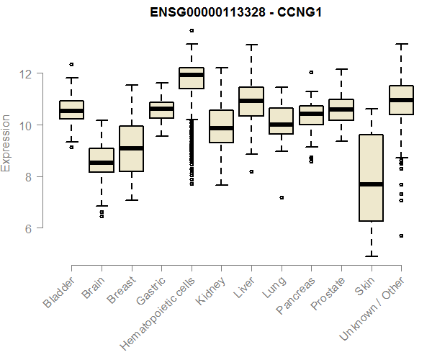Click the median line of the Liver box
coord(251,101)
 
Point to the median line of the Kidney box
coord(221,128)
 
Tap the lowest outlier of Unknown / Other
coord(401,235)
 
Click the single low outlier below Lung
coord(282,197)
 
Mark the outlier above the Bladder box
coord(71,65)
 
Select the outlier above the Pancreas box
coord(311,72)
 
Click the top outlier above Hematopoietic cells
coord(191,30)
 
